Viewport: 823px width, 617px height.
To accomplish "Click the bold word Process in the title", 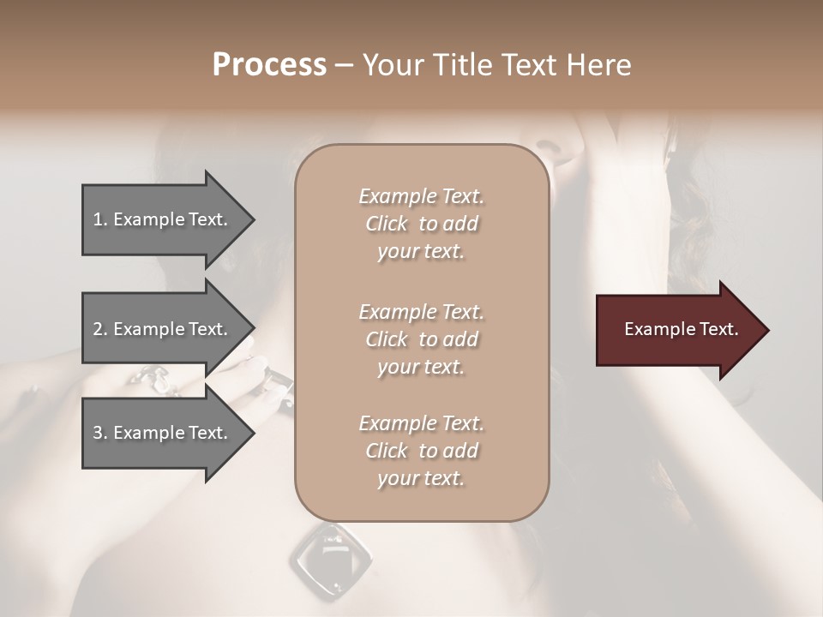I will click(269, 65).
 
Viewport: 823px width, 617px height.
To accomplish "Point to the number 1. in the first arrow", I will click(100, 219).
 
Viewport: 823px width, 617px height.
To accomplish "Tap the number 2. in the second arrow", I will click(100, 329).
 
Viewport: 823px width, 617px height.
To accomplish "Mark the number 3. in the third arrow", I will click(100, 433).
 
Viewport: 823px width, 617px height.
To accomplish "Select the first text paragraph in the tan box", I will click(421, 224).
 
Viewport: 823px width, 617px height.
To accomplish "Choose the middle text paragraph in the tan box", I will click(421, 338).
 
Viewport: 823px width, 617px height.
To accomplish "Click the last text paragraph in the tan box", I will click(421, 451).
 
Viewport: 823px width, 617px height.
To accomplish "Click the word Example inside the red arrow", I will click(657, 329).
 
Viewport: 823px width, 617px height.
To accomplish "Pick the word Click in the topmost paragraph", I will click(387, 224).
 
